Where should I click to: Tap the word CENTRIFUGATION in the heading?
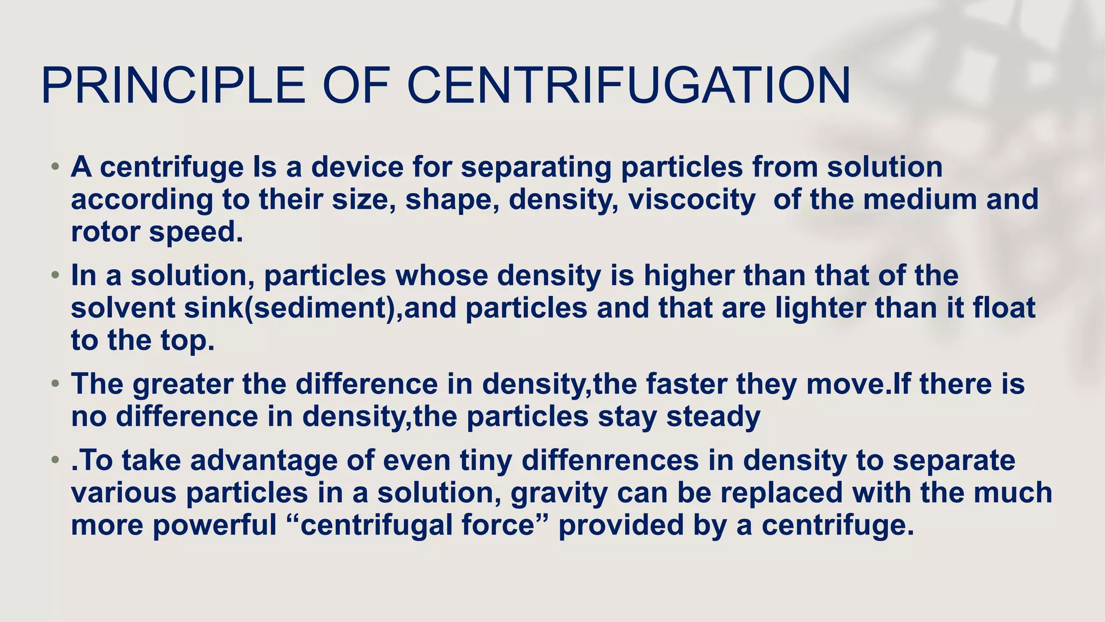[x=629, y=85]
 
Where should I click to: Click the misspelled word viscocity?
[x=692, y=199]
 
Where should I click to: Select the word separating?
[x=536, y=167]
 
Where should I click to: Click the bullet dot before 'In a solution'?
[x=54, y=276]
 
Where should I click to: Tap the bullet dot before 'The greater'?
[x=54, y=384]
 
